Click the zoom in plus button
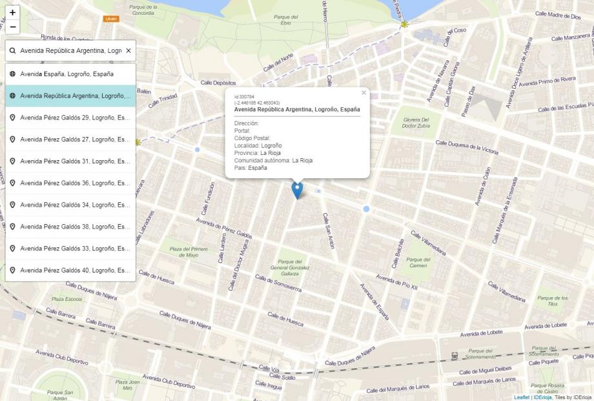point(12,12)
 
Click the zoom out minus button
point(12,27)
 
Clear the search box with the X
point(128,50)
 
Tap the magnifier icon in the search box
point(12,50)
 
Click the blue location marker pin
point(297,190)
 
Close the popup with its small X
point(364,93)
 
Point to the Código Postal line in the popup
point(252,138)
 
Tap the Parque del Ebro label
point(285,20)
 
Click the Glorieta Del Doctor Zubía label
point(415,123)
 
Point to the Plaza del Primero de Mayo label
point(189,252)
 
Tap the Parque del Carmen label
point(418,263)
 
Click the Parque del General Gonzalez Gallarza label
point(290,267)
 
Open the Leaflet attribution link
point(521,397)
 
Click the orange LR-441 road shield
point(111,19)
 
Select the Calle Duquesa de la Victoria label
point(467,147)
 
